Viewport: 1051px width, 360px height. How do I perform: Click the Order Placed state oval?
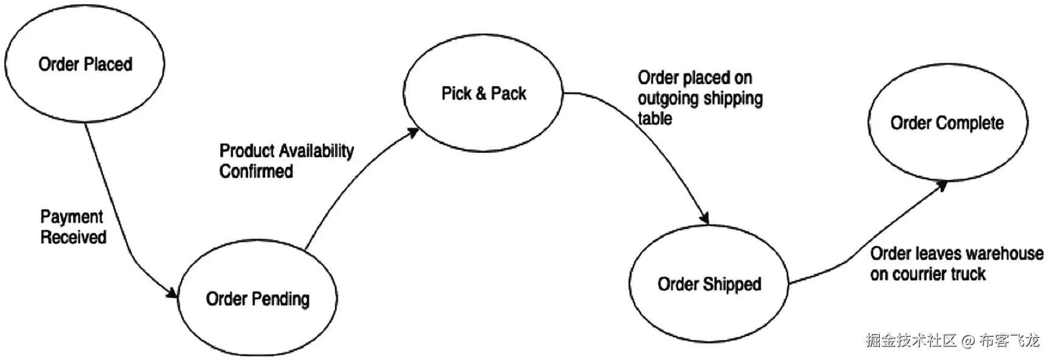point(85,63)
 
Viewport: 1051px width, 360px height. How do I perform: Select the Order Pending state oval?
point(257,298)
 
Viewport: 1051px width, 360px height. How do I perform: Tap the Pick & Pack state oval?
point(483,93)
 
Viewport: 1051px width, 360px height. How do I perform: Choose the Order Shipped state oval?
point(709,284)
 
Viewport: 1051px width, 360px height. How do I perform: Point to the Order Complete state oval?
point(947,122)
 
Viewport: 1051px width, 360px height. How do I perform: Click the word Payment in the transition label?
point(72,217)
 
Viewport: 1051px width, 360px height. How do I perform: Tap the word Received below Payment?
point(73,237)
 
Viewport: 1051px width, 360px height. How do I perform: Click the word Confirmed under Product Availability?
point(256,171)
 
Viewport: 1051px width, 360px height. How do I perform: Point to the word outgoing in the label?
point(668,99)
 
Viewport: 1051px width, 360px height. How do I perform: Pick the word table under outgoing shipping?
point(655,118)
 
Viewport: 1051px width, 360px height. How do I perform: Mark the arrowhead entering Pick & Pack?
point(413,132)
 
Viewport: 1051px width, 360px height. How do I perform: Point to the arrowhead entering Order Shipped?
point(706,218)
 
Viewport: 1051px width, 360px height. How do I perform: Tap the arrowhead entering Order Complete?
point(941,185)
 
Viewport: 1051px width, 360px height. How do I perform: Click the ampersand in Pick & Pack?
point(481,93)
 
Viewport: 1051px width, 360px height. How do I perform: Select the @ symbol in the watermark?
point(968,341)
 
